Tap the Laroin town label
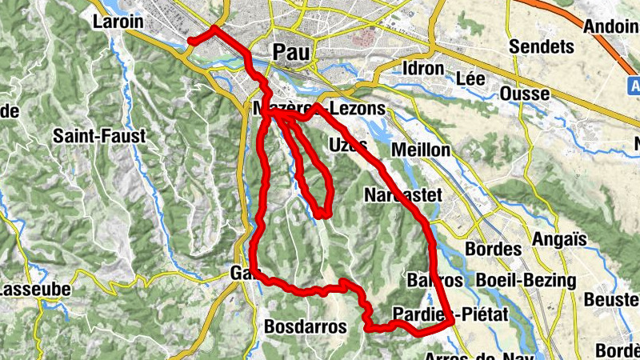tap(118, 22)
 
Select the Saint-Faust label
tap(99, 136)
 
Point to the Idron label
tap(424, 68)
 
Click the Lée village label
tap(470, 78)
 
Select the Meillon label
tap(421, 150)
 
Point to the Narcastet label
tap(398, 195)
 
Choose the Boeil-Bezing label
tap(526, 281)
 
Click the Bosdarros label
tap(305, 327)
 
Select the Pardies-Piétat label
tap(451, 314)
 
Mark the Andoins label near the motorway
tap(613, 25)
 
